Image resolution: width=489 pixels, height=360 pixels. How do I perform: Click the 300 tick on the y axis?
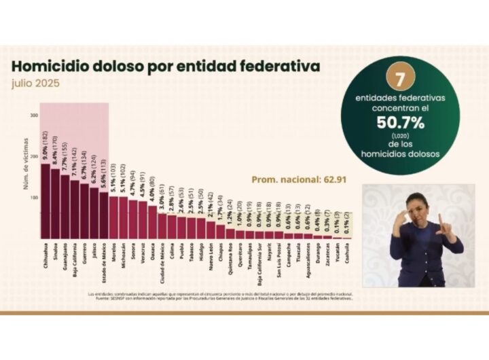34,115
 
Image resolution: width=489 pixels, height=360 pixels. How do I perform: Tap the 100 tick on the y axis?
34,198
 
